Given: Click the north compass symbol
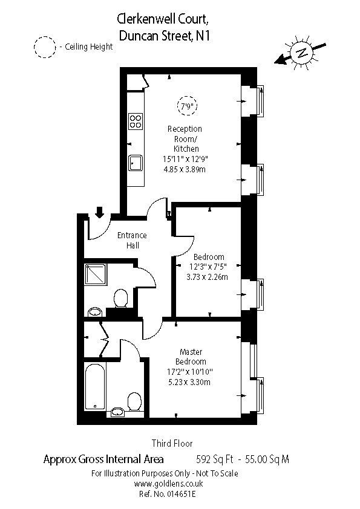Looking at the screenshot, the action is [x=301, y=53].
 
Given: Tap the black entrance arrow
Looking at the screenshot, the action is [x=100, y=212].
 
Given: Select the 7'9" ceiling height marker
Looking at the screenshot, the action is [x=187, y=106].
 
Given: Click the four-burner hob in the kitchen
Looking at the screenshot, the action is [x=136, y=121].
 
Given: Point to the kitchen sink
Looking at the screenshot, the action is [x=136, y=163].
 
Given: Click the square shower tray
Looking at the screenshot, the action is [x=96, y=274].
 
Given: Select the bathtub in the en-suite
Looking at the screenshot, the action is [x=95, y=386].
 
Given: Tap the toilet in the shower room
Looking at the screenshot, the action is [x=121, y=298].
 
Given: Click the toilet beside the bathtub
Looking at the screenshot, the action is [x=134, y=401].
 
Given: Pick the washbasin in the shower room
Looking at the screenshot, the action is [x=95, y=313].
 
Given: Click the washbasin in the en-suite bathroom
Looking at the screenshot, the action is [x=117, y=412].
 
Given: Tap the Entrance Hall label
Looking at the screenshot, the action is [x=132, y=240].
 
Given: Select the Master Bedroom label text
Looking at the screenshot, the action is [x=191, y=357].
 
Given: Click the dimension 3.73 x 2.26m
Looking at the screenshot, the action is [x=208, y=277].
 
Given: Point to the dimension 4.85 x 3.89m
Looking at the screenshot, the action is [x=185, y=169].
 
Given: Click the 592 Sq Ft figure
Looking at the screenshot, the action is [x=215, y=459].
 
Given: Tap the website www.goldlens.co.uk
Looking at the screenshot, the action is [x=168, y=484].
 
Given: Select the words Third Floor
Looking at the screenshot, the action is [x=172, y=443].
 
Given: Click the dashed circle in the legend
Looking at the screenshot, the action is [x=45, y=47].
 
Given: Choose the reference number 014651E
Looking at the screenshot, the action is [x=182, y=494].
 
